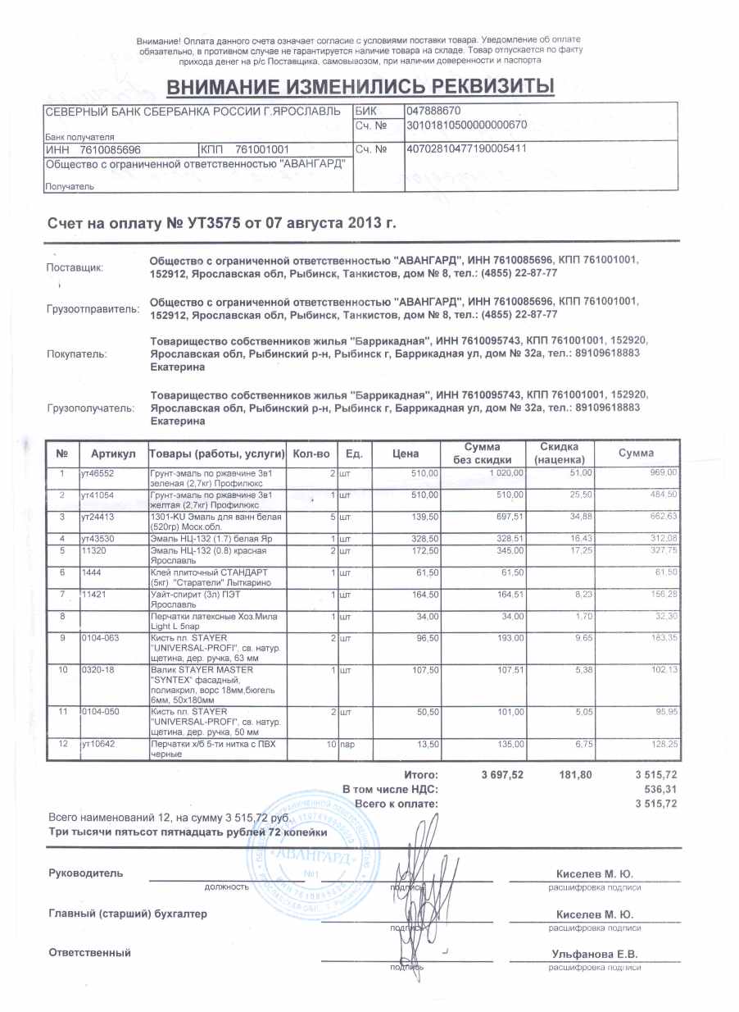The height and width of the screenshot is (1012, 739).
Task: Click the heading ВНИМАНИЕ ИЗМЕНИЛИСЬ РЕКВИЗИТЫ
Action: click(x=360, y=86)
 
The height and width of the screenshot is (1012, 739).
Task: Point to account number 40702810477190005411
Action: click(x=465, y=149)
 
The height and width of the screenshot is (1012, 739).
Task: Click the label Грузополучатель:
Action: click(x=90, y=407)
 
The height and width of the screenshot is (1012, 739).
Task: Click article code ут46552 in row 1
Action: click(x=97, y=473)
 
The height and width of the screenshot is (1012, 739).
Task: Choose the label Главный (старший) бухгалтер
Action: click(x=129, y=913)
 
